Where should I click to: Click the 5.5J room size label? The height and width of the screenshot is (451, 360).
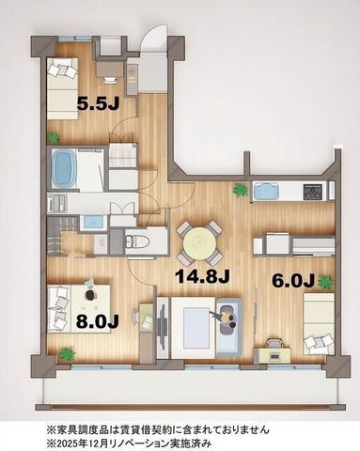click(98, 103)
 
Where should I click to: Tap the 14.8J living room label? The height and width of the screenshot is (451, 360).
click(202, 276)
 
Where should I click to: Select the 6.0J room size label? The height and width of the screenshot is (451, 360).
click(293, 281)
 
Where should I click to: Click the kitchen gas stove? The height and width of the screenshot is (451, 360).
click(313, 192)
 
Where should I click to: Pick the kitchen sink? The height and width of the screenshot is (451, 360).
click(267, 191)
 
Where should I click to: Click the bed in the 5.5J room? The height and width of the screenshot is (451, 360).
click(62, 88)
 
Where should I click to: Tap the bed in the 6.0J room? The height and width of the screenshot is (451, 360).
click(319, 324)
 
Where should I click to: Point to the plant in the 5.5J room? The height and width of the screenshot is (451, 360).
click(54, 137)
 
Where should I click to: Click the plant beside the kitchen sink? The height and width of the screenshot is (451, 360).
click(240, 190)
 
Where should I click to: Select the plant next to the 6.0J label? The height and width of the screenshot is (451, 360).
click(325, 282)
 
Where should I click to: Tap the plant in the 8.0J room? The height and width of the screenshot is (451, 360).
click(68, 354)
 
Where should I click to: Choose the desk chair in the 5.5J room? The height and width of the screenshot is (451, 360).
click(110, 80)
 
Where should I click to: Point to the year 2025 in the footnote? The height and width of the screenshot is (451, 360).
click(65, 443)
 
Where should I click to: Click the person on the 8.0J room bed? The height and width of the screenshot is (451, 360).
click(89, 295)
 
